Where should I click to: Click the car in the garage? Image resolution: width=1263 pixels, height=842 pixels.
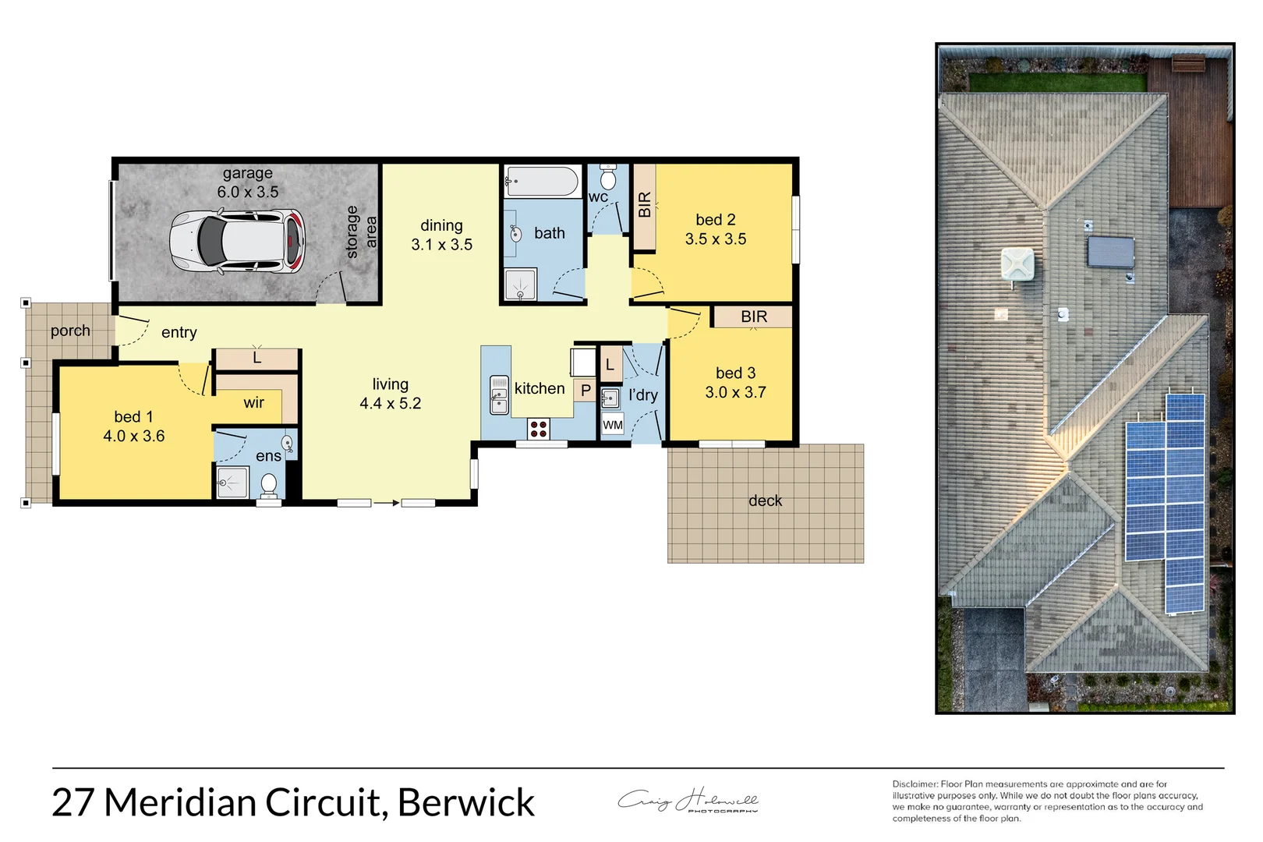point(237,242)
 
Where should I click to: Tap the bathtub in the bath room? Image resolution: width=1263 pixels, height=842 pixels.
point(542,182)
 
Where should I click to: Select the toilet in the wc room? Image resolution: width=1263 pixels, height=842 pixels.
point(609,180)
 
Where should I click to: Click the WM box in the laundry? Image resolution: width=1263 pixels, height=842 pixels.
point(613,425)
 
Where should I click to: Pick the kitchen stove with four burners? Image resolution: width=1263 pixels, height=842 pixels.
point(539,428)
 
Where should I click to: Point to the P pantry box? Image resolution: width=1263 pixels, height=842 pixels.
point(586,390)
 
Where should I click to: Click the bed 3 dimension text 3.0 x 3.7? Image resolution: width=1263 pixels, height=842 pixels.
point(735,392)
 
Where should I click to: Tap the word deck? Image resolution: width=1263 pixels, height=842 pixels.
point(765,501)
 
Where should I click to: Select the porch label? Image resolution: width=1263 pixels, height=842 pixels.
point(70,331)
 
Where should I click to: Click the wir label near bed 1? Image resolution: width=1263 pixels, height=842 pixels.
point(253,403)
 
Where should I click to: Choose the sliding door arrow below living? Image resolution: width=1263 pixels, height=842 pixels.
point(386,503)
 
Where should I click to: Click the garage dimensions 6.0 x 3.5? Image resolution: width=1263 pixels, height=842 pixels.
point(247,192)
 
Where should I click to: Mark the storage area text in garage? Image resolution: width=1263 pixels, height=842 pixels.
point(360,232)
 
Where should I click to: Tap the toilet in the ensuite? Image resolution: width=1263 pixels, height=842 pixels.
point(268,484)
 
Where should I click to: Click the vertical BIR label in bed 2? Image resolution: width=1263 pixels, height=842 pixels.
point(644,205)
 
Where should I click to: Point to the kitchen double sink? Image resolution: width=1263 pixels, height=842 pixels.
point(499,394)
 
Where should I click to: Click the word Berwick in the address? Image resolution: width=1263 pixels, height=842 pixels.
point(466,803)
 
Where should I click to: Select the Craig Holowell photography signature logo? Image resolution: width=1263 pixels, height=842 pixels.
point(688,801)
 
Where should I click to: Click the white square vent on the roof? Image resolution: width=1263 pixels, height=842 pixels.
point(1017,264)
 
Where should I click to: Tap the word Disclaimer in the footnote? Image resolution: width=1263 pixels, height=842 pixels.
point(915,784)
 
